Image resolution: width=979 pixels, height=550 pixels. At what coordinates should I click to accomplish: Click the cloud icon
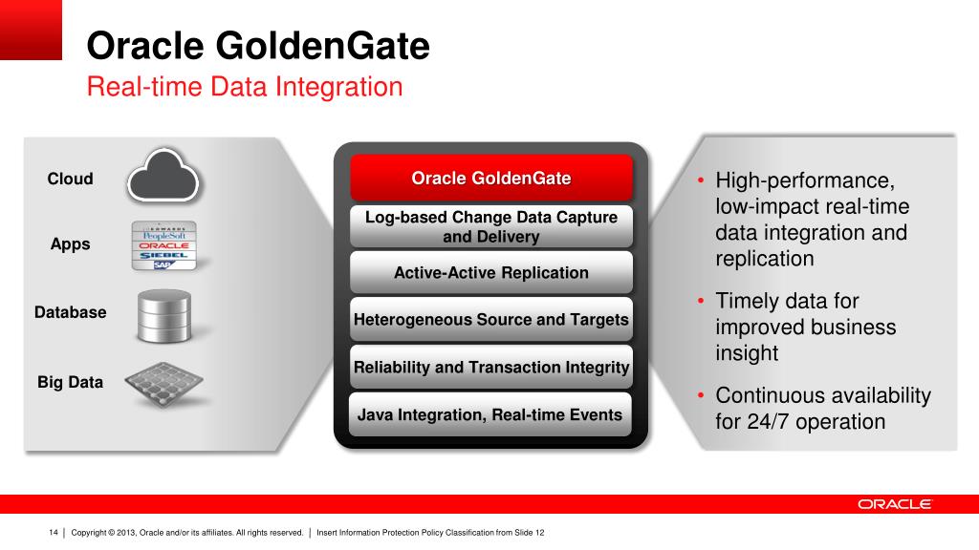pyautogui.click(x=163, y=176)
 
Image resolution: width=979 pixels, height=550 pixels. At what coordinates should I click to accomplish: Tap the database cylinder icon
pyautogui.click(x=164, y=315)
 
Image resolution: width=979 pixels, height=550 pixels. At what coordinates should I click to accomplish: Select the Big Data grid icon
pyautogui.click(x=163, y=383)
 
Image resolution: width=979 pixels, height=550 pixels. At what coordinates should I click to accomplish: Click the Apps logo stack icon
pyautogui.click(x=164, y=245)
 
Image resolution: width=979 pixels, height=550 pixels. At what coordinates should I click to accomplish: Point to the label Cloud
pyautogui.click(x=70, y=179)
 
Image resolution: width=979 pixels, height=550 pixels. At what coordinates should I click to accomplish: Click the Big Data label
pyautogui.click(x=70, y=382)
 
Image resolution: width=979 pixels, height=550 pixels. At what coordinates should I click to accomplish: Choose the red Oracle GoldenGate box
pyautogui.click(x=491, y=178)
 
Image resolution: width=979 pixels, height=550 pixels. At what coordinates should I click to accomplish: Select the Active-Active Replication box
pyautogui.click(x=491, y=272)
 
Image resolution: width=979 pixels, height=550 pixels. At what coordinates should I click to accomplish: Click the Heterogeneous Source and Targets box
pyautogui.click(x=491, y=319)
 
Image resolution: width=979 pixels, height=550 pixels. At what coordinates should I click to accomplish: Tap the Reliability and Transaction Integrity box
pyautogui.click(x=491, y=367)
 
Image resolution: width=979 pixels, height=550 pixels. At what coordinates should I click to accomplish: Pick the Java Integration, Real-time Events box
pyautogui.click(x=490, y=414)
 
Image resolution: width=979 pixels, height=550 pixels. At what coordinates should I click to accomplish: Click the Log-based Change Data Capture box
pyautogui.click(x=491, y=226)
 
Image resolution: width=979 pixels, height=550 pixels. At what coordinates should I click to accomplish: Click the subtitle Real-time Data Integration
pyautogui.click(x=245, y=87)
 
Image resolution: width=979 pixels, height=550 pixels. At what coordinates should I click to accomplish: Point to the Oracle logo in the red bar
pyautogui.click(x=894, y=504)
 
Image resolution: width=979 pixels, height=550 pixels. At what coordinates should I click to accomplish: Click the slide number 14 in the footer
pyautogui.click(x=54, y=533)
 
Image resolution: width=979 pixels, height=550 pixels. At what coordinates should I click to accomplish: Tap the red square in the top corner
pyautogui.click(x=31, y=30)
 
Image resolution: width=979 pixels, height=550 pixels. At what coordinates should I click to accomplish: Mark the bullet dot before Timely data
pyautogui.click(x=701, y=301)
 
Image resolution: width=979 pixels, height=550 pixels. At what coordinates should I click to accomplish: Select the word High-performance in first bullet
pyautogui.click(x=805, y=180)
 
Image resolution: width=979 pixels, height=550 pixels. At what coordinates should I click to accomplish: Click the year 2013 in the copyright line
pyautogui.click(x=126, y=533)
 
